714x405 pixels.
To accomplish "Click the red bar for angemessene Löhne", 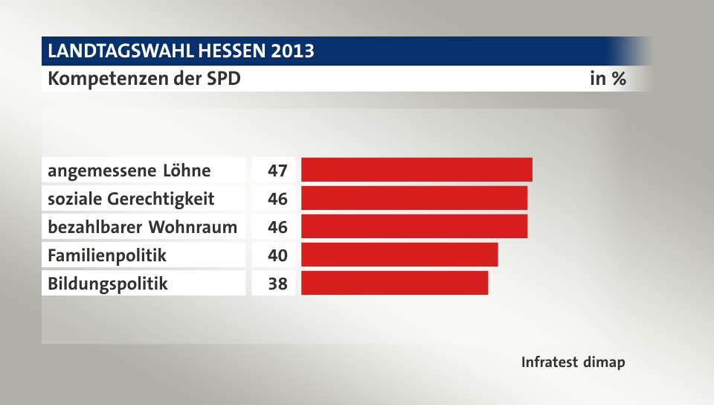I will pos(416,170).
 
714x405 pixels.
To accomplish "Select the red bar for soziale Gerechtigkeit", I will pos(414,198).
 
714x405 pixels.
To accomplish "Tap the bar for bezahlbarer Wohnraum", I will pos(414,226).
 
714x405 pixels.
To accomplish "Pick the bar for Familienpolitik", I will pos(399,255).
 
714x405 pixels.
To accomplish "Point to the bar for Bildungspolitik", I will pos(394,283).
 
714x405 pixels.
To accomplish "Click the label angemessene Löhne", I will pos(129,170).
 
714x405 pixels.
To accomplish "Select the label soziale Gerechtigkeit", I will pos(131,199).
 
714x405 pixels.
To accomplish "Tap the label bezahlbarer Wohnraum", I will pos(142,227).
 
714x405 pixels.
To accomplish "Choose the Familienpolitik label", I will pos(106,255).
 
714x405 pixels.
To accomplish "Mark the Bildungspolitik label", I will pos(107,284).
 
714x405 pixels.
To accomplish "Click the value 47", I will pos(277,170).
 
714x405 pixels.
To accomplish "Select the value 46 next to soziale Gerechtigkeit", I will pos(277,199).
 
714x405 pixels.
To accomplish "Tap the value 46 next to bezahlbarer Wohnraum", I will pos(277,227).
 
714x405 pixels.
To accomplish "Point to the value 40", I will pos(277,255).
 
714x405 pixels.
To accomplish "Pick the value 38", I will pos(277,284).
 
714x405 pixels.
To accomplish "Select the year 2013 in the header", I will pos(292,51).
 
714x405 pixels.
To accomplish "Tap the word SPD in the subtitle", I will pos(222,78).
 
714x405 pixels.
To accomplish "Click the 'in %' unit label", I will pos(607,78).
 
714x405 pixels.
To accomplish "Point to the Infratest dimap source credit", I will pos(573,363).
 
